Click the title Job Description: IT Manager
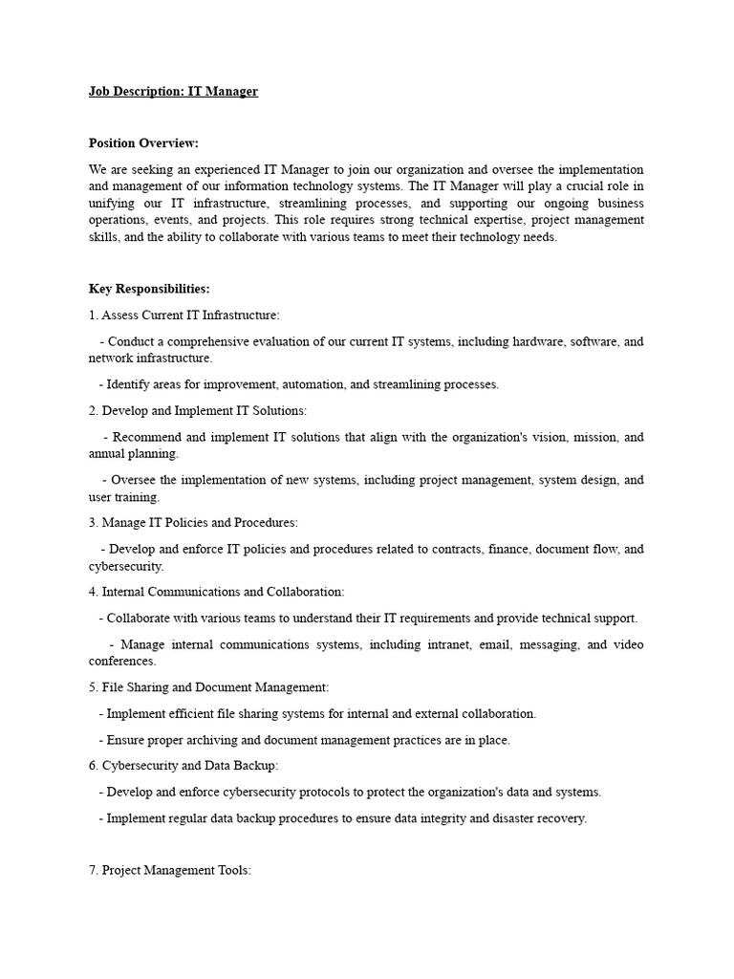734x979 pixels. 173,92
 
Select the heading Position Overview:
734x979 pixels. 143,143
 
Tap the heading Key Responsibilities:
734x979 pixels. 149,289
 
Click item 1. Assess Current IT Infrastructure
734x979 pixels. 184,315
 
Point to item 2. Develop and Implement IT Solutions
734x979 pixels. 198,410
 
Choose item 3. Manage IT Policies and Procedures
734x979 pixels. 193,523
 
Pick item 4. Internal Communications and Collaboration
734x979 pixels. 217,592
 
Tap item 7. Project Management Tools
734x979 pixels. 170,871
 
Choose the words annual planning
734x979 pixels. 134,454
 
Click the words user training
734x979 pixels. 124,497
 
